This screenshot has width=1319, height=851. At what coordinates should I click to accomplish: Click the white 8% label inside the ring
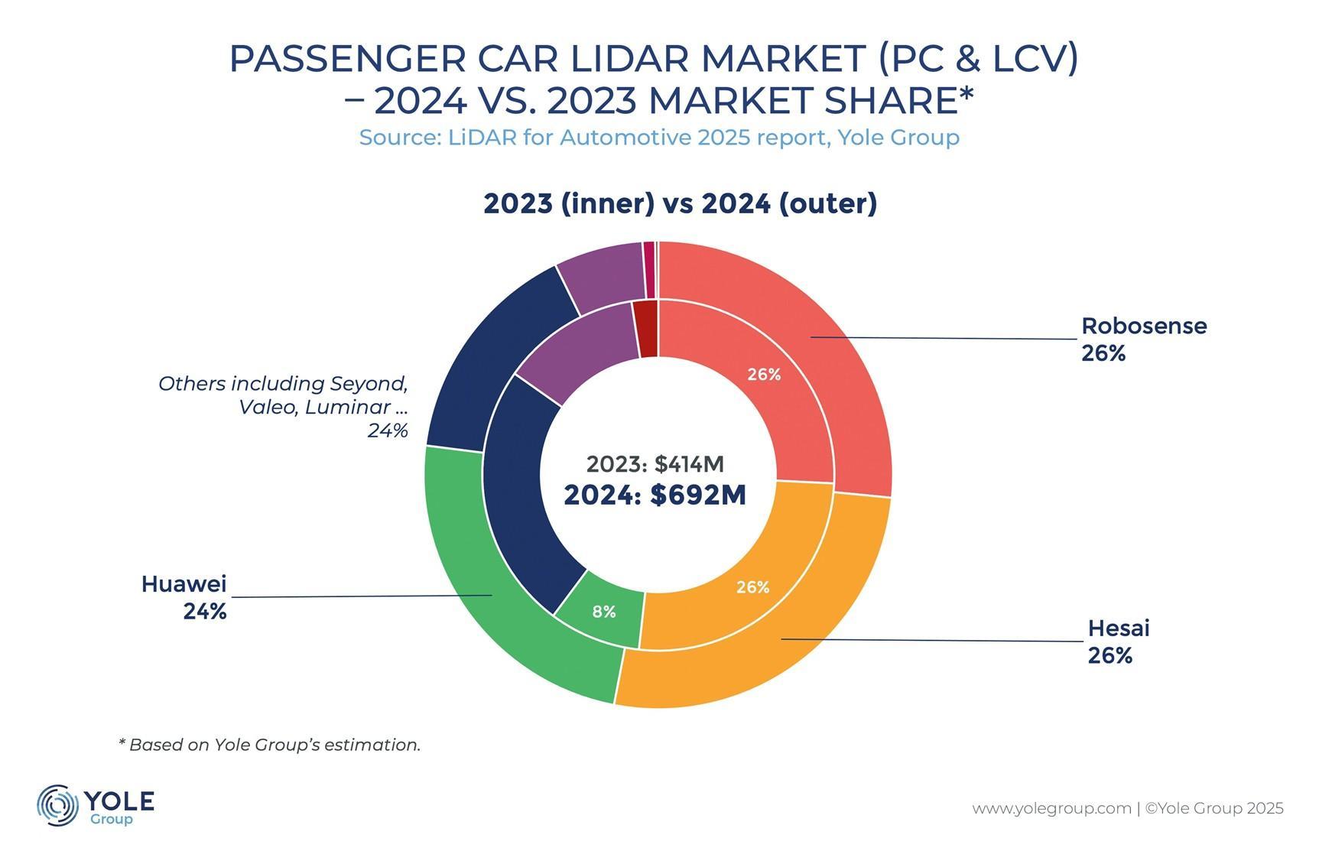click(604, 612)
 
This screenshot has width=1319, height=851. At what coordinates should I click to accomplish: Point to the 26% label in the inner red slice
click(764, 375)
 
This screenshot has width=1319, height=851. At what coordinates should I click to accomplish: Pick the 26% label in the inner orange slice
click(752, 587)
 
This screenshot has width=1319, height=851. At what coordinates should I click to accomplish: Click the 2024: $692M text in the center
click(655, 495)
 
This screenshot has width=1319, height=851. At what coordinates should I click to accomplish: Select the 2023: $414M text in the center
click(655, 464)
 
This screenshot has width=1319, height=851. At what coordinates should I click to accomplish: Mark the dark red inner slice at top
click(647, 329)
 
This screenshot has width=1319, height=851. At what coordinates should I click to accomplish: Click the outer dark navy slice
click(489, 352)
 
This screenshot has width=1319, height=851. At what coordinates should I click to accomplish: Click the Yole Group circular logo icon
click(57, 805)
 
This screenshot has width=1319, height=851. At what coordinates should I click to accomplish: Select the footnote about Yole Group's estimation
click(269, 745)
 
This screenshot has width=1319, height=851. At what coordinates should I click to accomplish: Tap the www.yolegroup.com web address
click(1051, 808)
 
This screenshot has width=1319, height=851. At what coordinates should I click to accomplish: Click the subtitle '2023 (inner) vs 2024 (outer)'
click(680, 203)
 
